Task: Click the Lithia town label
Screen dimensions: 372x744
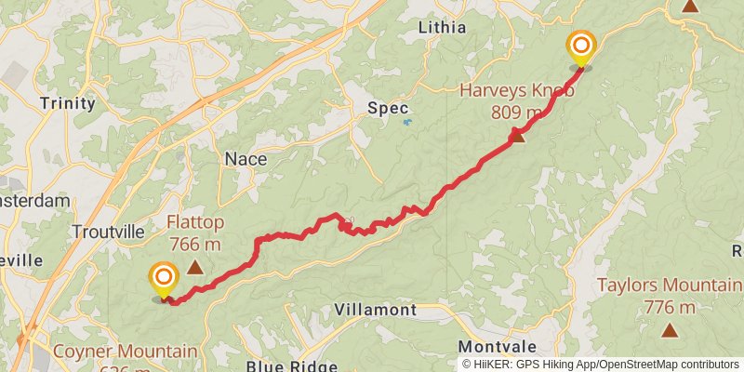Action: tap(443, 27)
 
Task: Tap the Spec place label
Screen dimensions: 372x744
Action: tap(389, 108)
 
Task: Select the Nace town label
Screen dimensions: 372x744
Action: tap(246, 159)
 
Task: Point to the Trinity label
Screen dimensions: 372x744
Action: tap(68, 103)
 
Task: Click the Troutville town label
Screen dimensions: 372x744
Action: tap(108, 231)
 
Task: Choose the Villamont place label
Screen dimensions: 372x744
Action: tap(375, 309)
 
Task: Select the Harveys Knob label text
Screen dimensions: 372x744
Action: tap(517, 91)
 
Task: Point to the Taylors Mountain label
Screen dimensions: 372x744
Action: tap(669, 286)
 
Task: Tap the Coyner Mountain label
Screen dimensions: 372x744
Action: tap(125, 352)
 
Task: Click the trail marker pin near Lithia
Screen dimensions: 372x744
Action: tap(581, 47)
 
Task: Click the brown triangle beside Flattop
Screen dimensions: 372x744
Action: tap(195, 268)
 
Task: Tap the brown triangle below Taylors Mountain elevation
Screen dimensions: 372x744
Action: tap(670, 329)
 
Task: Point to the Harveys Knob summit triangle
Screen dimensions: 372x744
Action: tap(518, 137)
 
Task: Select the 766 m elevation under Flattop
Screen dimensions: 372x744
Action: tap(194, 245)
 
